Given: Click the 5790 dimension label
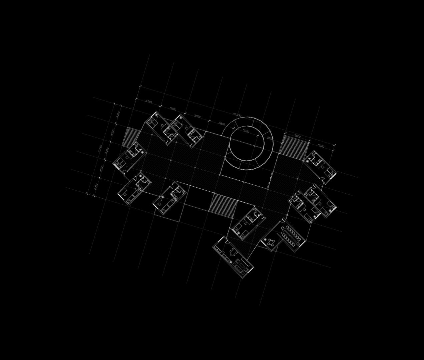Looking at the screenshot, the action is pyautogui.click(x=149, y=102).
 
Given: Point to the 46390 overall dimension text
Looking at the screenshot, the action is pyautogui.click(x=237, y=115).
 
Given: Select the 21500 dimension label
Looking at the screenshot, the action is pyautogui.click(x=100, y=148).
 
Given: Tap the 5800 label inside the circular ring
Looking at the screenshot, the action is pyautogui.click(x=246, y=131).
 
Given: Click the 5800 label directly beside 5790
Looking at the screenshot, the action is pyautogui.click(x=173, y=109).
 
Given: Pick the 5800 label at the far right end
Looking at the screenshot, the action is pyautogui.click(x=321, y=146).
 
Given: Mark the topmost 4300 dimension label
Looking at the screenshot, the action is pyautogui.click(x=118, y=114).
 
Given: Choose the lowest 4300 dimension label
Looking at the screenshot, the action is pyautogui.click(x=96, y=186).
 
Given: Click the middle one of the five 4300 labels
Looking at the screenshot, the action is pyautogui.click(x=107, y=150).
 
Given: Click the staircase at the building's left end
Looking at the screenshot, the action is pyautogui.click(x=130, y=137).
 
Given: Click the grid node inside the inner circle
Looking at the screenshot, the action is pyautogui.click(x=255, y=146).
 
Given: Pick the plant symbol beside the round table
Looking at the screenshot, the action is pyautogui.click(x=265, y=239).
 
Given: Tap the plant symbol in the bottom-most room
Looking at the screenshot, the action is pyautogui.click(x=231, y=262).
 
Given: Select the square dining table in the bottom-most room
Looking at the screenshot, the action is pyautogui.click(x=233, y=251).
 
